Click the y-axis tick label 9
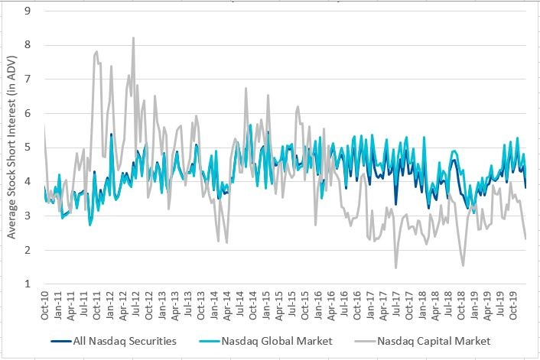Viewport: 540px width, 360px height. pos(28,11)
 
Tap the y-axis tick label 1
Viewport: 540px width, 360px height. pos(28,284)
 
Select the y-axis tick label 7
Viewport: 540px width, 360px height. pos(28,79)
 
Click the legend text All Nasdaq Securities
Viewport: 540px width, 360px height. pos(126,341)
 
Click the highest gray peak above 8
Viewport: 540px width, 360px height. pos(133,37)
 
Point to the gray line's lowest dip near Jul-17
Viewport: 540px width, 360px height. pos(395,268)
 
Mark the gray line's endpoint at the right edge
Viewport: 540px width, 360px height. pos(525,238)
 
